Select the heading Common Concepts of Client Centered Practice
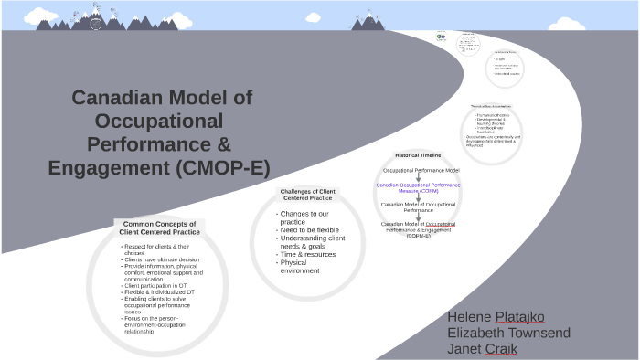pos(159,228)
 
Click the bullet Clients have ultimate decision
pos(162,259)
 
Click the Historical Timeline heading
pos(418,155)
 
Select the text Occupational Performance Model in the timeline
pos(421,171)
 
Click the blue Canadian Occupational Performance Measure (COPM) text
pos(419,187)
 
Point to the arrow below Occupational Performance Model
pos(419,177)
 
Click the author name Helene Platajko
pos(496,316)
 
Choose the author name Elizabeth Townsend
pos(508,333)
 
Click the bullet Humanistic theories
pos(493,114)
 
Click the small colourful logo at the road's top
pos(441,37)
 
